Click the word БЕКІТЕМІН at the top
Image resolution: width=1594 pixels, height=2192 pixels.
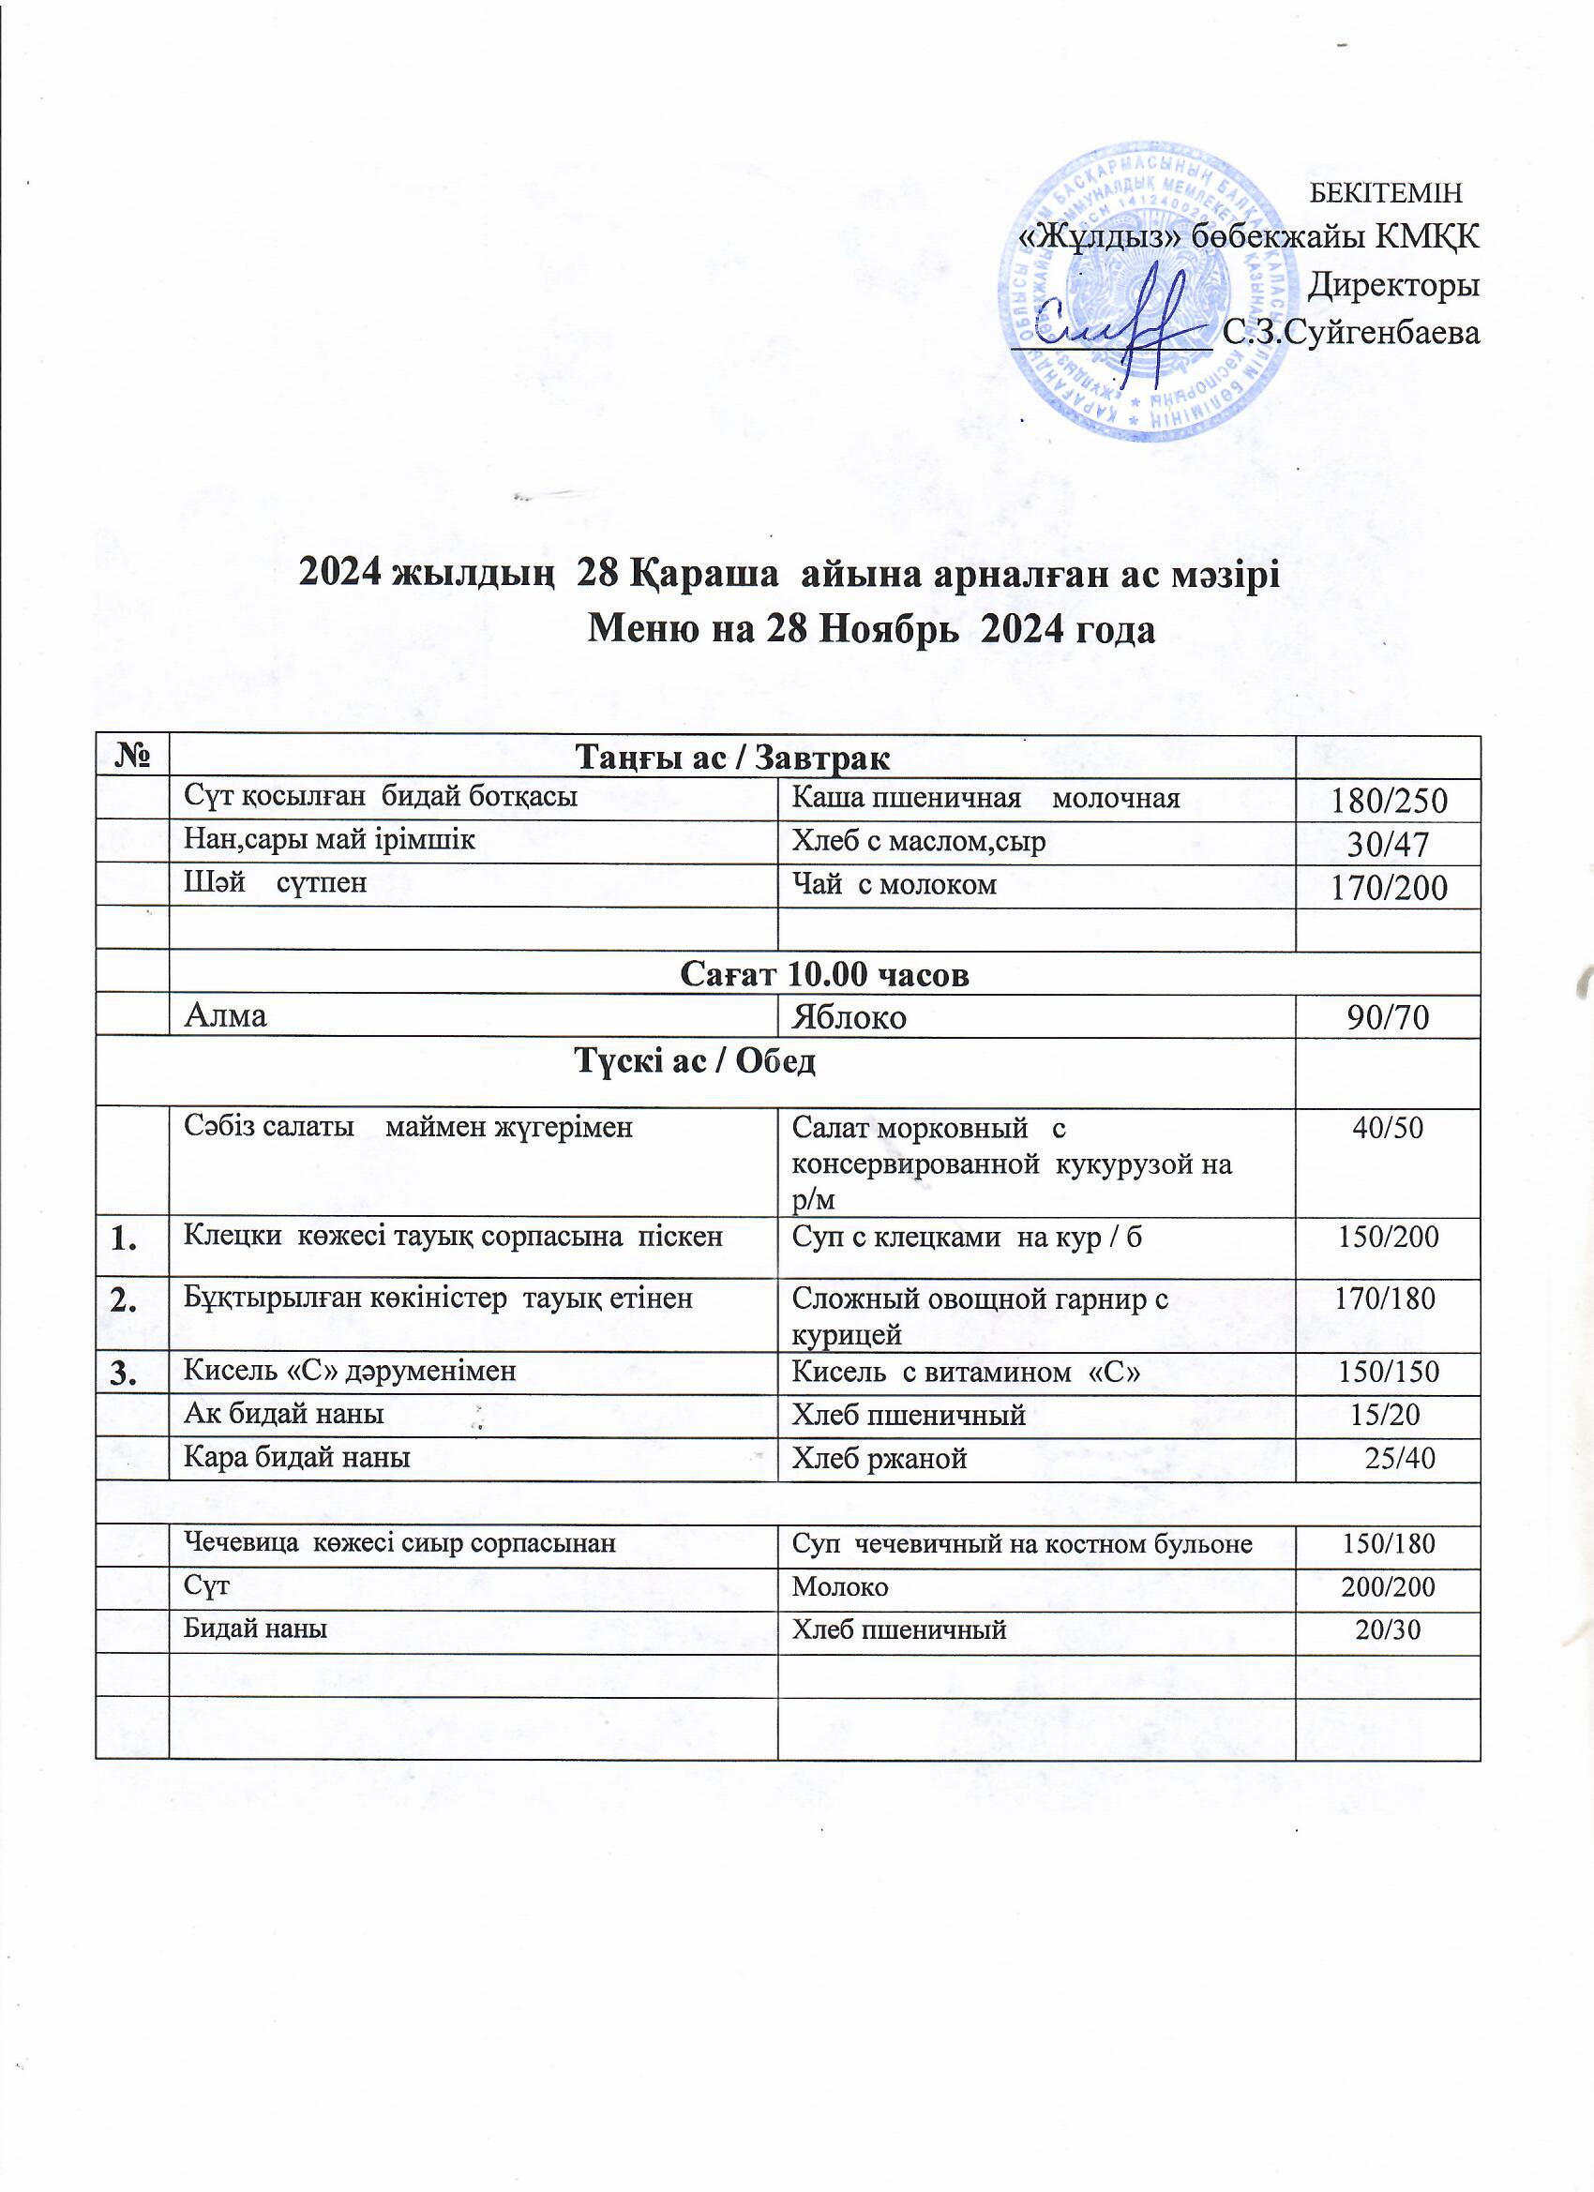click(x=1385, y=192)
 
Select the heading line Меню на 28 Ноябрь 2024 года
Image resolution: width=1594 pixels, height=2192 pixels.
click(x=872, y=630)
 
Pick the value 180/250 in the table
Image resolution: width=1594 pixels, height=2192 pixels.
click(x=1389, y=801)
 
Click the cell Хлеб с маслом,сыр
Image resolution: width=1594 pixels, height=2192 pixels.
click(x=919, y=842)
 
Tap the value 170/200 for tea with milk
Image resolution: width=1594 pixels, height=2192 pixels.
click(x=1389, y=886)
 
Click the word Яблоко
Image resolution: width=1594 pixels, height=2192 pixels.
click(x=849, y=1016)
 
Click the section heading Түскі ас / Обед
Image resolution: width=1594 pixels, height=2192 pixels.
click(x=696, y=1061)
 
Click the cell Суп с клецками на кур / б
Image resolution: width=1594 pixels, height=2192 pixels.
click(x=968, y=1236)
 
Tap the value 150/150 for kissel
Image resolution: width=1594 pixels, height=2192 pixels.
click(x=1389, y=1372)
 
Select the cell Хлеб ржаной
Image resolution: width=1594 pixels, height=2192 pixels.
click(x=880, y=1459)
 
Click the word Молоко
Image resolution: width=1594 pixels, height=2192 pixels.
click(x=840, y=1587)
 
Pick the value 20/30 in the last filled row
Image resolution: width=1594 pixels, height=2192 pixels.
click(x=1389, y=1629)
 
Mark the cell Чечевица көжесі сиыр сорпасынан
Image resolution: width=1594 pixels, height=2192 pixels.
click(x=400, y=1543)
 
